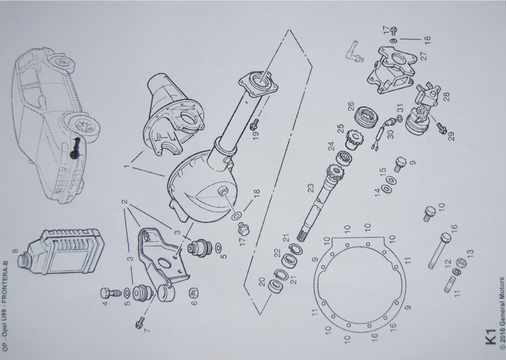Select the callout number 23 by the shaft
[x=310, y=188]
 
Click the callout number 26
[x=351, y=106]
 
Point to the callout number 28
[x=446, y=96]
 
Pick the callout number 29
[x=452, y=135]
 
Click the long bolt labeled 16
[x=439, y=250]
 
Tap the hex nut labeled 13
[x=461, y=263]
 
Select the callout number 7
[x=147, y=330]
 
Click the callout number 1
[x=127, y=167]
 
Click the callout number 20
[x=262, y=281]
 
